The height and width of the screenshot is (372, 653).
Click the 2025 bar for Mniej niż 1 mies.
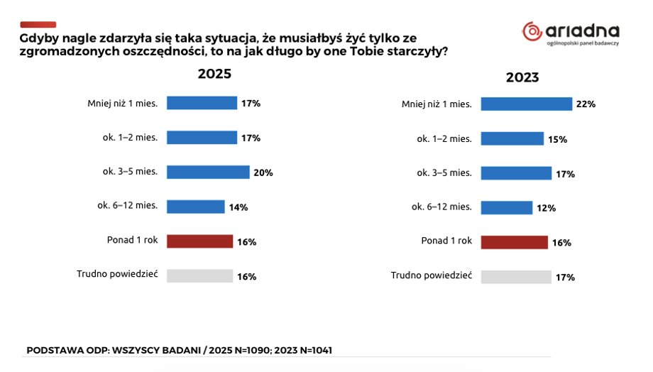(202, 103)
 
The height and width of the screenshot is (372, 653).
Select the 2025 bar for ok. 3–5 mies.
(208, 172)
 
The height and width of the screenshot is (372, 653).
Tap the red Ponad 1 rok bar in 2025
(199, 241)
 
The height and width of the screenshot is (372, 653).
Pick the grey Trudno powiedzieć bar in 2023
(515, 277)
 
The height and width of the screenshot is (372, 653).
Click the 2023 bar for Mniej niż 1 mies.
(526, 104)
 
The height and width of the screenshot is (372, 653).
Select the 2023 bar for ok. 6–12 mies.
(506, 208)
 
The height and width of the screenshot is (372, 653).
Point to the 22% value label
(586, 104)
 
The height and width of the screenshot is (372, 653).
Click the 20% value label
(263, 173)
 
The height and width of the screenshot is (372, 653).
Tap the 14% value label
(238, 207)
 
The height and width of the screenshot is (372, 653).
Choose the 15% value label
(557, 139)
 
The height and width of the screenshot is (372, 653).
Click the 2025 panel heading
(214, 74)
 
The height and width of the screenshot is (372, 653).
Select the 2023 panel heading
(522, 77)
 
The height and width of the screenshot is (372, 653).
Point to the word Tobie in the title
(359, 53)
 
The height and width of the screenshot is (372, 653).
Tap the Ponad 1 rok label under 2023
(446, 241)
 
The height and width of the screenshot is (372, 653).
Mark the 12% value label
(546, 209)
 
